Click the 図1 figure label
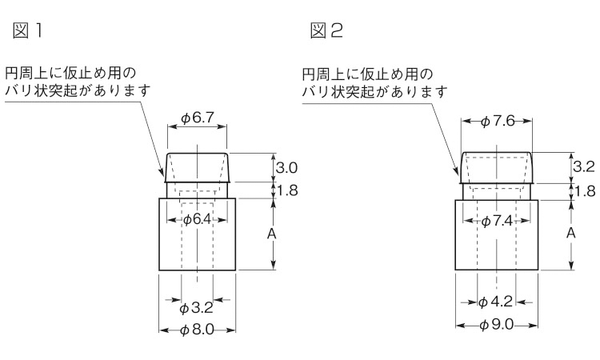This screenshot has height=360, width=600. pyautogui.click(x=27, y=30)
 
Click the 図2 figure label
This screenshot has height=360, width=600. pyautogui.click(x=326, y=30)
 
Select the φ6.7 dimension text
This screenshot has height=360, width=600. pyautogui.click(x=197, y=118)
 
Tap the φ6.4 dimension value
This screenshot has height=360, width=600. pyautogui.click(x=197, y=219)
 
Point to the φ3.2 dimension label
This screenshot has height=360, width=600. pyautogui.click(x=196, y=307)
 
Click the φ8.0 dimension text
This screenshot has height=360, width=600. pyautogui.click(x=197, y=330)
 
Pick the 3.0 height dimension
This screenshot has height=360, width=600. pyautogui.click(x=286, y=167)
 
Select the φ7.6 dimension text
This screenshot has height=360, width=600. pyautogui.click(x=498, y=122)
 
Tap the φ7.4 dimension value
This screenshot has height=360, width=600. pyautogui.click(x=496, y=221)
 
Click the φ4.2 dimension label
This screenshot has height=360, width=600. pyautogui.click(x=495, y=302)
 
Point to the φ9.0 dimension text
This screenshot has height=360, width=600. pyautogui.click(x=496, y=325)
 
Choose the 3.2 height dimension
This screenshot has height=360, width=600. pyautogui.click(x=584, y=167)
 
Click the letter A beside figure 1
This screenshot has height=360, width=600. pyautogui.click(x=271, y=234)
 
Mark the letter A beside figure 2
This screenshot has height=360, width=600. pyautogui.click(x=570, y=233)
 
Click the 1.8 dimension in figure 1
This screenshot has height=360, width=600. pyautogui.click(x=286, y=190)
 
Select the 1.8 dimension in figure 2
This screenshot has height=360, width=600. pyautogui.click(x=585, y=191)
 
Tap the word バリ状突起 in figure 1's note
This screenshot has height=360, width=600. pyautogui.click(x=42, y=91)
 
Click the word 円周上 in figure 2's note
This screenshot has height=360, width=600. pyautogui.click(x=323, y=74)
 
